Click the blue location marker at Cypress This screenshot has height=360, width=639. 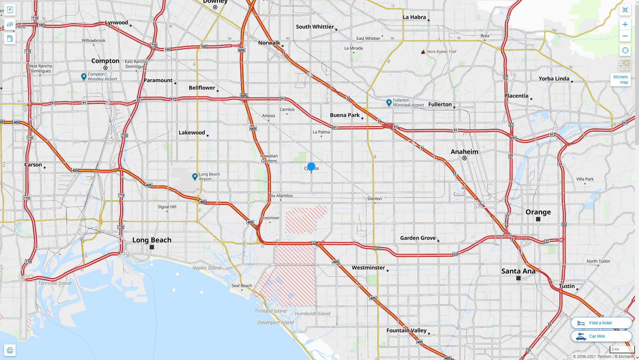pos(311,166)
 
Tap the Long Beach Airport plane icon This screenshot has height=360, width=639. pos(195,176)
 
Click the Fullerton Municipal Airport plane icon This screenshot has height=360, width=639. pos(389,102)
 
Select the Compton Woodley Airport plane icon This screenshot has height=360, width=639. pos(84,77)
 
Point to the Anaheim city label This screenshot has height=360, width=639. pos(464,152)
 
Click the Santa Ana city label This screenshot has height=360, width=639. pos(518,271)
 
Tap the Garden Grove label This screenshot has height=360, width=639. pos(418,238)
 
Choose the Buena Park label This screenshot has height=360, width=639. pos(345,115)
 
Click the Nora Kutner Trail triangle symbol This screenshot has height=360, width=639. pos(423,52)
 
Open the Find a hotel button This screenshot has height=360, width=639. pos(601,323)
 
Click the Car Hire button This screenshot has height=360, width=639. pos(601,336)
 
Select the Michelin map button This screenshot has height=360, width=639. pos(620,79)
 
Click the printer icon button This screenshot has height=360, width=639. pos(10,350)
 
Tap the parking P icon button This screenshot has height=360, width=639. pos(10,10)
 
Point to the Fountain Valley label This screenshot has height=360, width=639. pos(406,330)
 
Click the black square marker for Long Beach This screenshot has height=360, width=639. pos(152,247)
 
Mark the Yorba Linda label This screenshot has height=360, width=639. pos(554,79)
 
